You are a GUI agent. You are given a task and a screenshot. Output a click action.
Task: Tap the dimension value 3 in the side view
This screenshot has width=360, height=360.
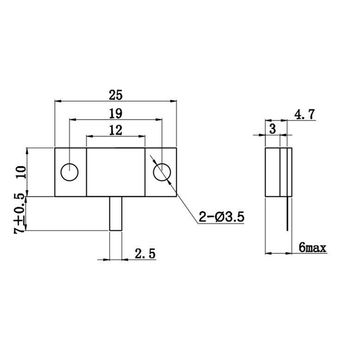[x=272, y=130]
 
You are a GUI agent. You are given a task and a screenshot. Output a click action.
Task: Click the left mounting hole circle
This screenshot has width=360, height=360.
[x=68, y=171]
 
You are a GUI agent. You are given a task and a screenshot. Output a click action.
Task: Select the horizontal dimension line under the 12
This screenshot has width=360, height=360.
[x=118, y=137]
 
